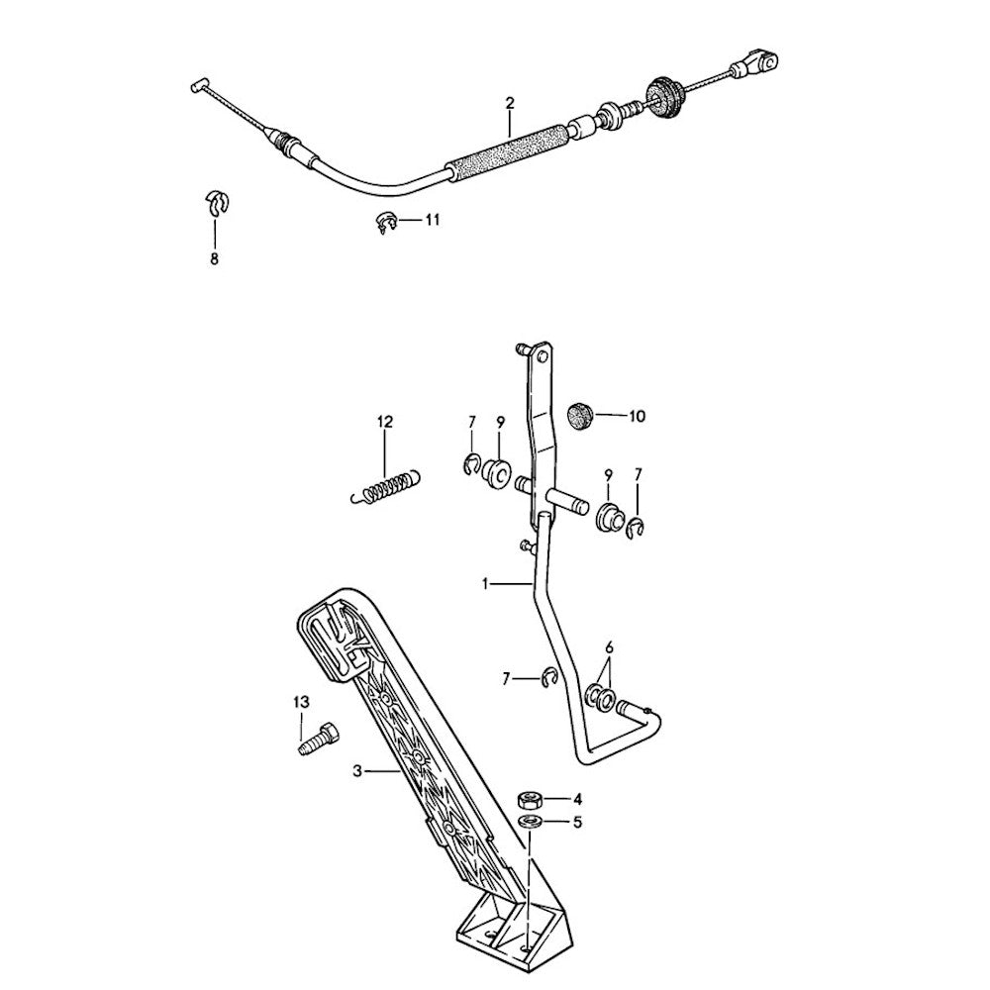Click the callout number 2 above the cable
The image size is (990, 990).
[x=510, y=103]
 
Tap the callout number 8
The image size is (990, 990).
[x=214, y=259]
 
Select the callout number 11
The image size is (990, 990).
[x=432, y=220]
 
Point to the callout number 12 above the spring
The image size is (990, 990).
[x=384, y=422]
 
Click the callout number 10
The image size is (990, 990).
[x=636, y=417]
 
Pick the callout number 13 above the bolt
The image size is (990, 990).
[x=301, y=701]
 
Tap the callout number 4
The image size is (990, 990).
[x=576, y=798]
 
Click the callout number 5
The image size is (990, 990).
[x=576, y=822]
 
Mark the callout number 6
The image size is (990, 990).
[x=609, y=646]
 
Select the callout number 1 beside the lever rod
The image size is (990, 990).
[x=486, y=584]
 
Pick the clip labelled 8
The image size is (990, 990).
[x=217, y=202]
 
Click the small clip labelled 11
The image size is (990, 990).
[x=386, y=223]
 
